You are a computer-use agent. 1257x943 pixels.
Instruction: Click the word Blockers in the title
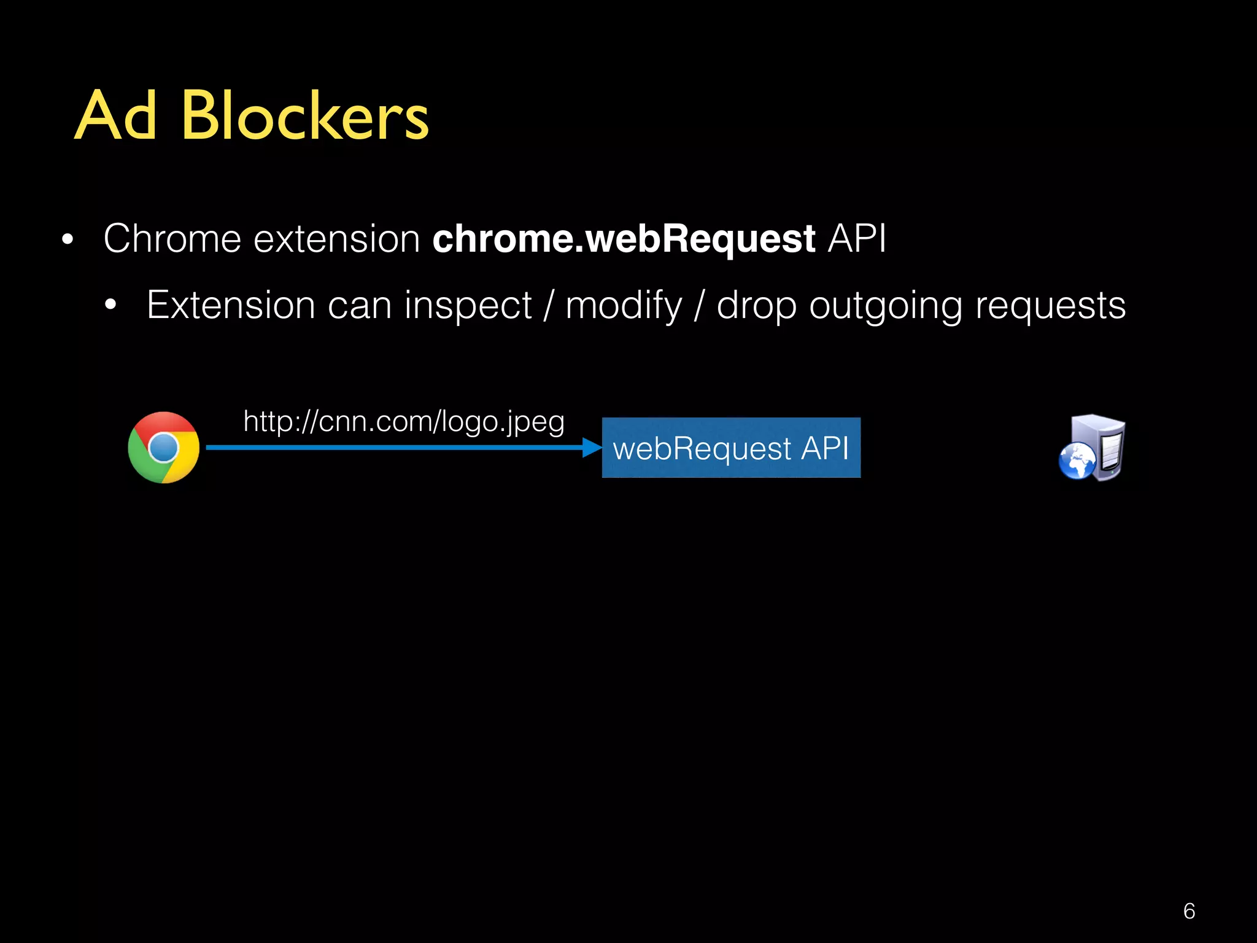coord(304,115)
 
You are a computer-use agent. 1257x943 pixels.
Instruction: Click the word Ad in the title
coord(116,115)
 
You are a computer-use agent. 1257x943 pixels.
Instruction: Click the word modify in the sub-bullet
coord(624,306)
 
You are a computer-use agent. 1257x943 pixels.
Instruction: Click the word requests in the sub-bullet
coord(1050,306)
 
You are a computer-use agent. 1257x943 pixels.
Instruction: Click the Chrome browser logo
coord(163,448)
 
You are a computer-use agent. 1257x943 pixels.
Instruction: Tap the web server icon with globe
coord(1092,448)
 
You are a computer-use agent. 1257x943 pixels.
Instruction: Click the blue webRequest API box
coord(730,448)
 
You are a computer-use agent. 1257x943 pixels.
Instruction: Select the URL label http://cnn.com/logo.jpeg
coord(403,422)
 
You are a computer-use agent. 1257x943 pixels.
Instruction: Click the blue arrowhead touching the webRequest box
coord(592,448)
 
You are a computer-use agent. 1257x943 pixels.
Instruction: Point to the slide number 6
coord(1189,911)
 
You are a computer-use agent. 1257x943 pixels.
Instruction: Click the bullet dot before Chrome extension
coord(68,239)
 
